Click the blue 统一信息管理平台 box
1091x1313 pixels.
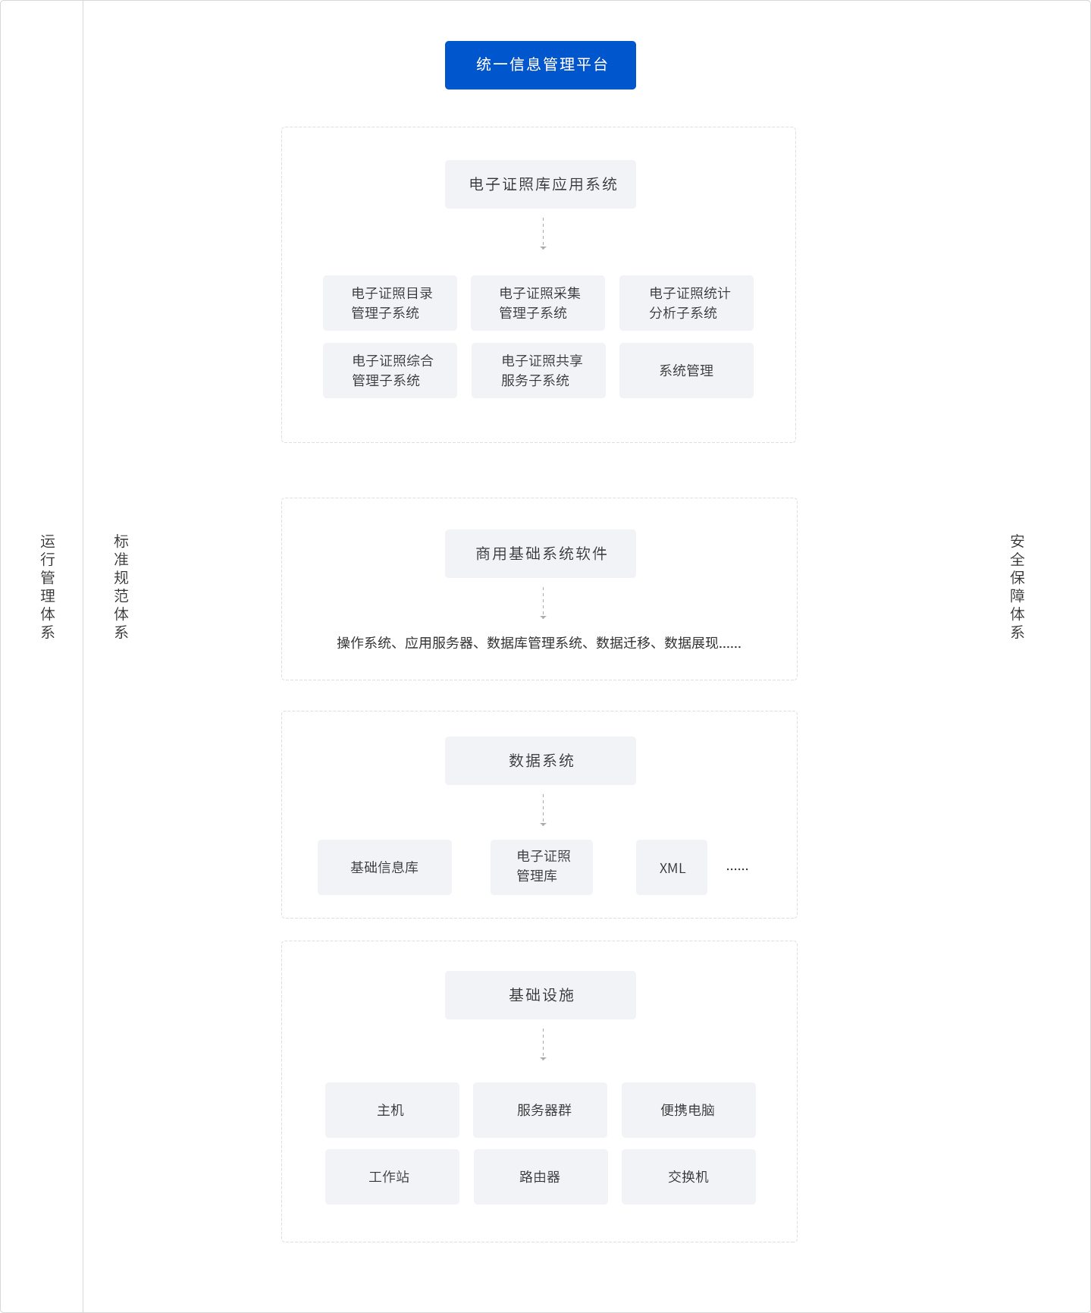coord(541,65)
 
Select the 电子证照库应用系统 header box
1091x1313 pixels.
coord(541,184)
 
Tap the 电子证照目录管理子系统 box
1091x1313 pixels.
coord(390,303)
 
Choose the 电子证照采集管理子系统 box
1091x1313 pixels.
coord(538,303)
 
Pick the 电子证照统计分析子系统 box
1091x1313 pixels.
coord(686,303)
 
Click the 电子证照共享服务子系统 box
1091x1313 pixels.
coord(538,370)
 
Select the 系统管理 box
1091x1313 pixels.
coord(686,370)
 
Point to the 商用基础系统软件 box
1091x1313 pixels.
coord(541,554)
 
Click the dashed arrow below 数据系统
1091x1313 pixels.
coord(543,810)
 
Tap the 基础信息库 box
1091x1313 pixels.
coord(384,867)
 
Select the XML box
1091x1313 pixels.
coord(672,867)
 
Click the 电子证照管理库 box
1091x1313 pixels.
coord(541,867)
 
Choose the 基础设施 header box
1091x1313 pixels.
coord(541,995)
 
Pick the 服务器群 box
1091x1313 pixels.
coord(540,1110)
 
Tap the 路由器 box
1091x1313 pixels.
coord(541,1176)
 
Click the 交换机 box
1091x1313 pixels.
coord(688,1176)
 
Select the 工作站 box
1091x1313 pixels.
coord(392,1176)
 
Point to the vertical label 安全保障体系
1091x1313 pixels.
coord(1017,586)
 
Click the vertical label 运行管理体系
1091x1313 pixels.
coord(48,586)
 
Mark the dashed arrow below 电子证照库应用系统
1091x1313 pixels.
coord(543,234)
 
